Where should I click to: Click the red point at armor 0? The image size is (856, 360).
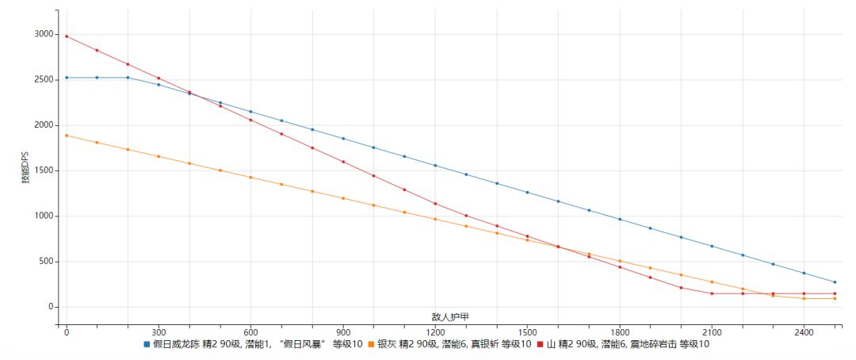[x=67, y=36]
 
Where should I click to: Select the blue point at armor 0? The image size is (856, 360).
[x=67, y=78]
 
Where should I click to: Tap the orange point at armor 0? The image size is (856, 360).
[x=67, y=136]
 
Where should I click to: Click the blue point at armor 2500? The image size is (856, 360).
[x=835, y=282]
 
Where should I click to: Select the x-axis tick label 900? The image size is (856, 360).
[x=343, y=333]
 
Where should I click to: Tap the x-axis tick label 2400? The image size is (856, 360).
[x=804, y=333]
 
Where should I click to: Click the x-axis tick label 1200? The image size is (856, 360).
[x=435, y=333]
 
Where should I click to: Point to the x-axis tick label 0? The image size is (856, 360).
[x=67, y=333]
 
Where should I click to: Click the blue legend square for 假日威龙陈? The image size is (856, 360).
[x=147, y=345]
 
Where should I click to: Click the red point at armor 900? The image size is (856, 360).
[x=343, y=162]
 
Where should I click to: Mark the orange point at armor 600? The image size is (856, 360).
[x=250, y=178]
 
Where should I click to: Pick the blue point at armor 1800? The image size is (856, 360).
[x=620, y=220]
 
